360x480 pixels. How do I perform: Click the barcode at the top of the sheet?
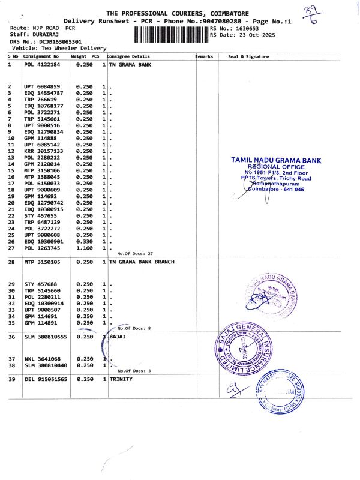coord(170,34)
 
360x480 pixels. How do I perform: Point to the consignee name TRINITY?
coord(121,379)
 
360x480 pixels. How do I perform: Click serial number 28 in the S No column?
coord(11,262)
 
